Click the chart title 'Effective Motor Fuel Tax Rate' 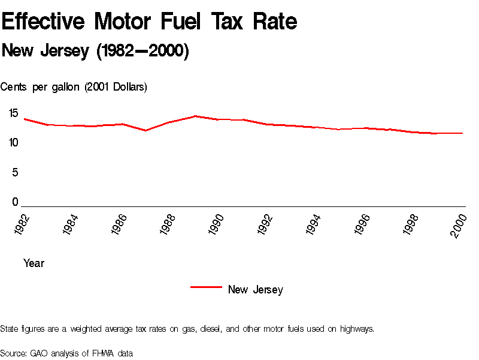(149, 22)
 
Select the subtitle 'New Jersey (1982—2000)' (95, 52)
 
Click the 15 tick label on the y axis (13, 113)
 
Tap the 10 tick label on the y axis (13, 143)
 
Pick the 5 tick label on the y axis (16, 173)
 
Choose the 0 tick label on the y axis (16, 203)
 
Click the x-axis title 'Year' (34, 263)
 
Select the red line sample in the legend (206, 287)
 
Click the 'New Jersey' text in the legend (255, 290)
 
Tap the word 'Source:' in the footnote (14, 353)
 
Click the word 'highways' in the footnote (357, 329)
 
